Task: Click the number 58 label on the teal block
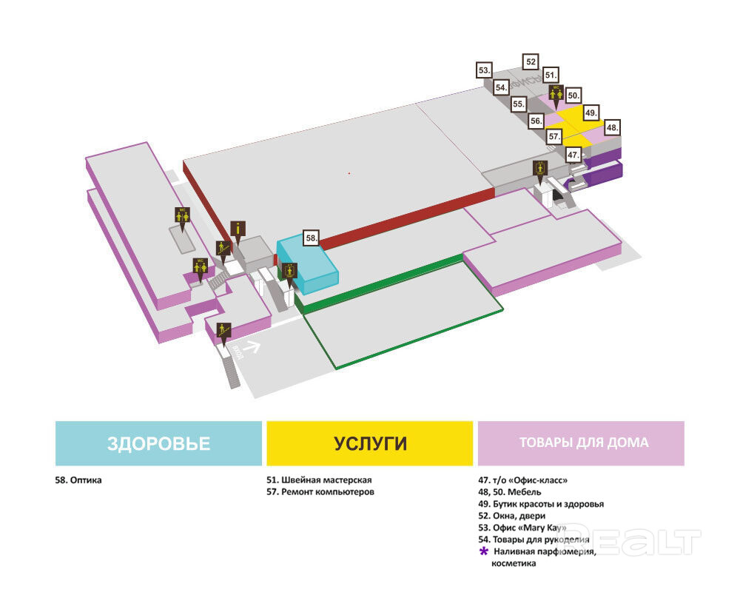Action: coord(312,238)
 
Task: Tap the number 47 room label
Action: coord(573,155)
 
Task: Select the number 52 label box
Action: coord(531,61)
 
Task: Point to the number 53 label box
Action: coord(484,70)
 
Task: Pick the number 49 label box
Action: coord(591,113)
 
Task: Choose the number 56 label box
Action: coord(536,120)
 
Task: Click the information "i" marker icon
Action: coord(237,229)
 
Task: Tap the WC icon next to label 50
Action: coord(556,93)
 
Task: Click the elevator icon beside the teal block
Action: coord(289,270)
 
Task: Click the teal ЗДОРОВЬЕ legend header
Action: coord(159,443)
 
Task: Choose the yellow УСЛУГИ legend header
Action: coord(370,443)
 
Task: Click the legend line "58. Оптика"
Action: coord(78,480)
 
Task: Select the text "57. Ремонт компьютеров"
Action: coord(320,492)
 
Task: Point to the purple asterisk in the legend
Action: coord(484,552)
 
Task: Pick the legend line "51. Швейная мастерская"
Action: coord(319,480)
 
